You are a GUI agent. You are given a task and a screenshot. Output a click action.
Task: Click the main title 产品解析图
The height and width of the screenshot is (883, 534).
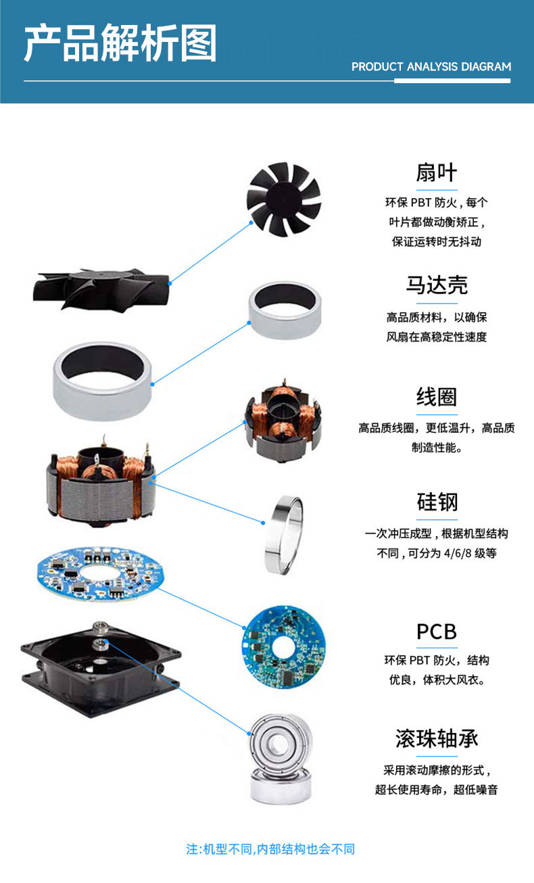[120, 43]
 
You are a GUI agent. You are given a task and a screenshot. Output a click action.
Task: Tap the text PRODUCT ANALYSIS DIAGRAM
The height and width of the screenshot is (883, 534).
[431, 67]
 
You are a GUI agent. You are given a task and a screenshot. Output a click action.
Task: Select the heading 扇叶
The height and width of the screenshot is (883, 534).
[436, 172]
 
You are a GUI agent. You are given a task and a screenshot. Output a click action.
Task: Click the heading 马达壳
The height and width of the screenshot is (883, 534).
[436, 285]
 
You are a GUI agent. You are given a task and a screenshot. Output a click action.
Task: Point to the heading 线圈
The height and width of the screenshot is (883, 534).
[436, 397]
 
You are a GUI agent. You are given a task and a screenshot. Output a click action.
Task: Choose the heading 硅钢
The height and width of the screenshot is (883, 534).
[437, 502]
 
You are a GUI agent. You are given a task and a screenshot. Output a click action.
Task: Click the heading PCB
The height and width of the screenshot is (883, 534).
[437, 631]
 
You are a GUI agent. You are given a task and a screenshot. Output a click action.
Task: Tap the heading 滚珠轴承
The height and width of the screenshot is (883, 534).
[437, 738]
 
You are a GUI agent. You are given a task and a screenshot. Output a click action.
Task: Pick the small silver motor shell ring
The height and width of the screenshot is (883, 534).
[284, 309]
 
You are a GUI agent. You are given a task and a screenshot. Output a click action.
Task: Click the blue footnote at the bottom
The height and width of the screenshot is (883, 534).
[270, 849]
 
